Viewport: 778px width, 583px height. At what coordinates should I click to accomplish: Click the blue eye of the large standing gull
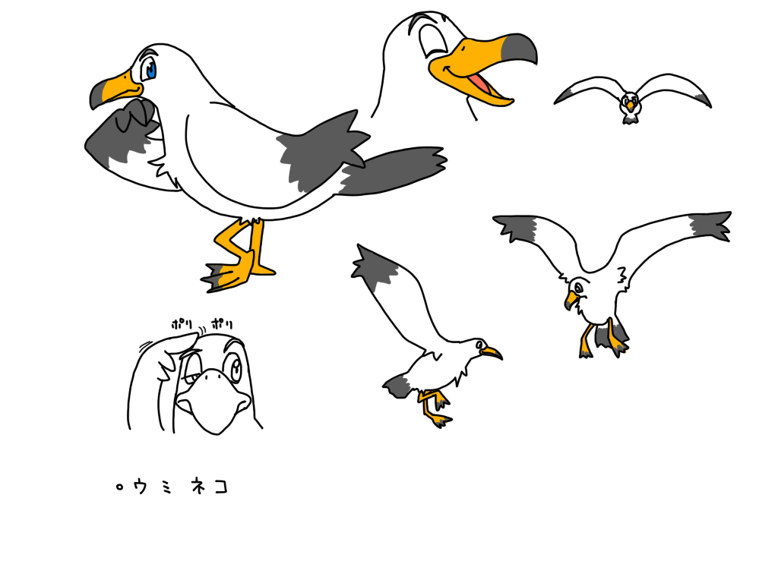[x=149, y=69]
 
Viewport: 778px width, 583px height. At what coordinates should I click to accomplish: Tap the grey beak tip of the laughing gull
[x=521, y=48]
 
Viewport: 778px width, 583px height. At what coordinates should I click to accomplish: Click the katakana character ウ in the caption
[x=141, y=487]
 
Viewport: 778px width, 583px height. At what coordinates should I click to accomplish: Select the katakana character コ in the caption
[x=221, y=487]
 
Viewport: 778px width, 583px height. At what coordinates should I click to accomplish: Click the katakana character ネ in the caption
[x=198, y=487]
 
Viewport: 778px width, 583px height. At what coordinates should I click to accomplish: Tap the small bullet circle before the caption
[x=119, y=487]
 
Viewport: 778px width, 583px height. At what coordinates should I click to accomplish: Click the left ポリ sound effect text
[x=182, y=325]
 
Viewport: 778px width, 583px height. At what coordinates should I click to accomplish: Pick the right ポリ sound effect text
[x=222, y=324]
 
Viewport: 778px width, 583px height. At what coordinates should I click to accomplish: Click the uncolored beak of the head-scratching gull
[x=213, y=399]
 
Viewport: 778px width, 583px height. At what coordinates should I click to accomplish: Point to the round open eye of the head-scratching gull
[x=232, y=367]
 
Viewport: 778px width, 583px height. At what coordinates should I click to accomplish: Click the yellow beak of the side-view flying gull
[x=492, y=352]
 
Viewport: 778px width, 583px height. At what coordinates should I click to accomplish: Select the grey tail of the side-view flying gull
[x=397, y=386]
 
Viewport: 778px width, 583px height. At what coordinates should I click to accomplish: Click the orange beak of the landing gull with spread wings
[x=571, y=300]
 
